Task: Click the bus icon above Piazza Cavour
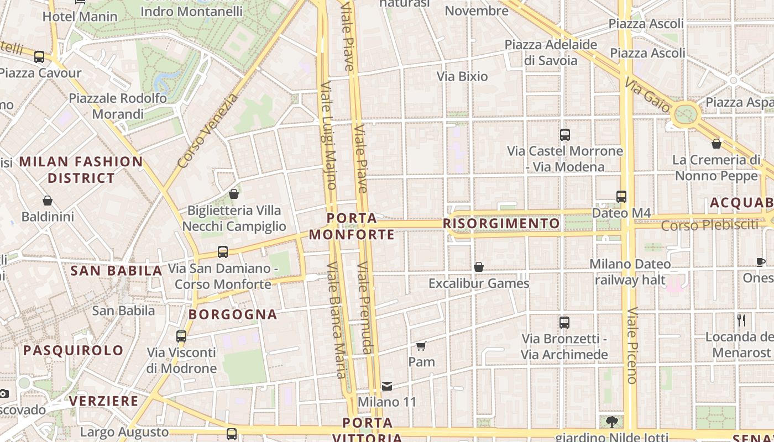[39, 56]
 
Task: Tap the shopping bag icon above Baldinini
[48, 201]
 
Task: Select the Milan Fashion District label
[81, 170]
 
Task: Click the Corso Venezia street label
[208, 131]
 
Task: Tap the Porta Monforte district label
[352, 227]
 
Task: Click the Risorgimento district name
[501, 223]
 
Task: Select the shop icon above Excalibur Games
[479, 267]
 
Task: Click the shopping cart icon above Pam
[421, 346]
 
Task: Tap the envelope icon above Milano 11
[387, 386]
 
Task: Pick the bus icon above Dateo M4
[621, 196]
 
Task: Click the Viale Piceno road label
[632, 345]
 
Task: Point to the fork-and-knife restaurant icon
[741, 320]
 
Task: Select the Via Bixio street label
[462, 76]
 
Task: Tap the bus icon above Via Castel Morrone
[565, 134]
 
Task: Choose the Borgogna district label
[233, 314]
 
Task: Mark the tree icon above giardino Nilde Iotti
[611, 422]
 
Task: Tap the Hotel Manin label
[80, 17]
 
